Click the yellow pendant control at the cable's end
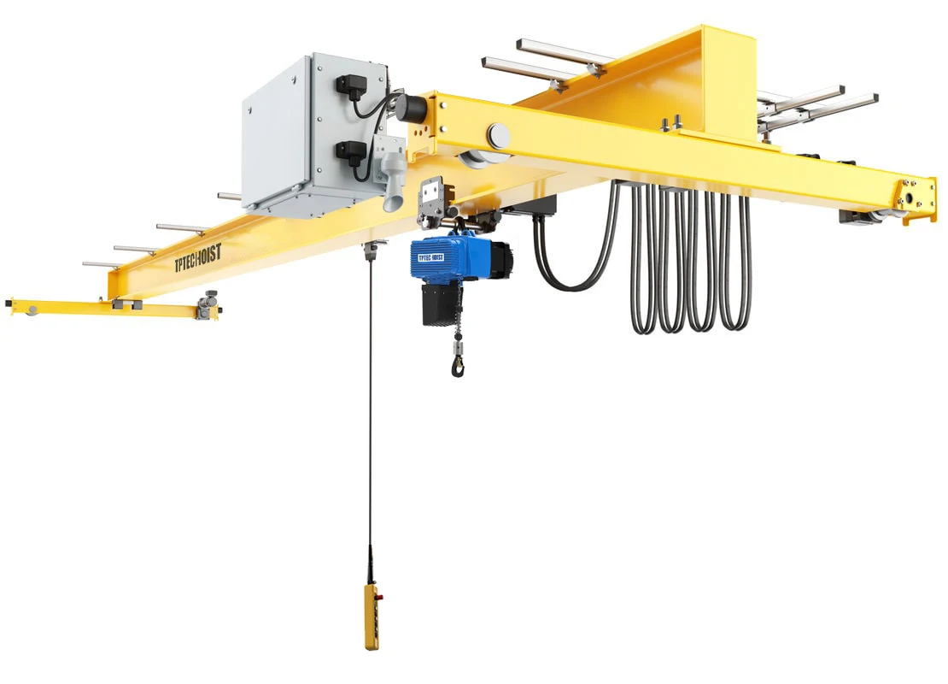[372, 616]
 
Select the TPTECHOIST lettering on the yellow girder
[196, 256]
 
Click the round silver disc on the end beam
[498, 135]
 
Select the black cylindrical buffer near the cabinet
[413, 108]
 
